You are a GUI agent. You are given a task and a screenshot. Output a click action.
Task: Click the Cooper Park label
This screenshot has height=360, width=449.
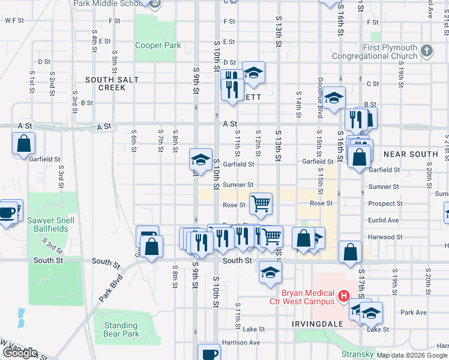[x=158, y=45]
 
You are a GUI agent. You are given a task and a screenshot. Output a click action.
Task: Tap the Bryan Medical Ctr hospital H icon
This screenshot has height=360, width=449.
[x=344, y=295]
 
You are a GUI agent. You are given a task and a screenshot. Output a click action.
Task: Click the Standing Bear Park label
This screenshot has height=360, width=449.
[x=121, y=329]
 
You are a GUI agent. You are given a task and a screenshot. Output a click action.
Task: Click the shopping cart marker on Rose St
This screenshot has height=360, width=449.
[x=261, y=203]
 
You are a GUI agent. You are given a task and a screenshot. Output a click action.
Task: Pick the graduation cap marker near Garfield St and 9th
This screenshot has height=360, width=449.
[x=200, y=159]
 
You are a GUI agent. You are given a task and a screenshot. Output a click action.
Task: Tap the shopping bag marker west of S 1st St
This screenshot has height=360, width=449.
[x=23, y=143]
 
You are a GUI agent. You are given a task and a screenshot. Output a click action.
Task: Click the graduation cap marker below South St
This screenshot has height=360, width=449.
[x=270, y=272]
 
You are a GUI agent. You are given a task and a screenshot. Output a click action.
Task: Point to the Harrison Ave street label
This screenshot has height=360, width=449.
[x=241, y=343]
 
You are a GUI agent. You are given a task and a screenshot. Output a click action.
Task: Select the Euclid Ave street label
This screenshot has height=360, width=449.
[x=385, y=220]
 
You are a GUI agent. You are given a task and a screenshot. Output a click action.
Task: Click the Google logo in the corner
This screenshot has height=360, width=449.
[x=19, y=353]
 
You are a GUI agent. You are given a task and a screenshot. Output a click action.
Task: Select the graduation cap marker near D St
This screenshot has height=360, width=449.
[x=253, y=73]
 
